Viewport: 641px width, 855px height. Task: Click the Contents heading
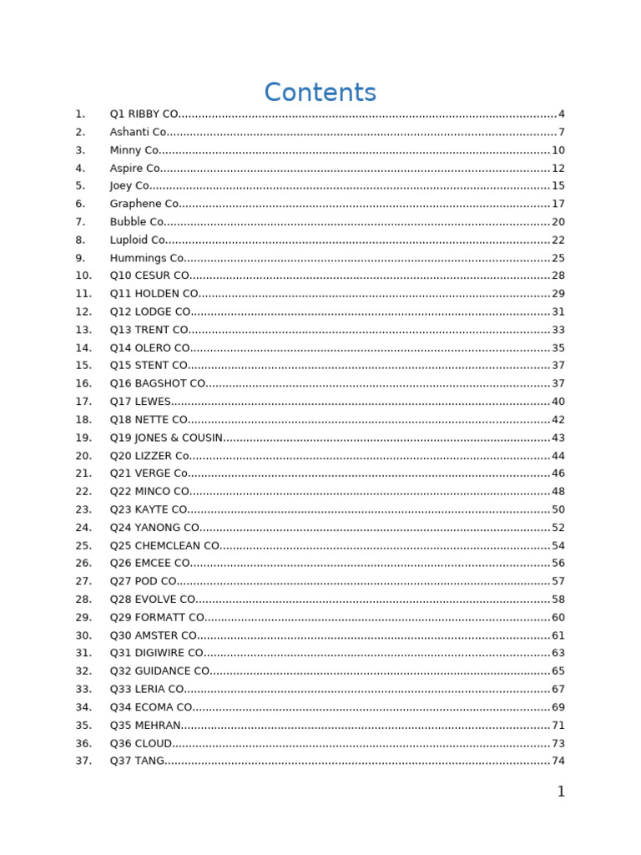[320, 93]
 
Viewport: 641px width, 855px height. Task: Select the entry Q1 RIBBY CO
[144, 114]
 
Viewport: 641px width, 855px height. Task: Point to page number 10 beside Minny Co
[558, 150]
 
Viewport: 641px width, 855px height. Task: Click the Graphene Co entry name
[144, 204]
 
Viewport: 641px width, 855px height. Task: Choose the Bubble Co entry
[137, 222]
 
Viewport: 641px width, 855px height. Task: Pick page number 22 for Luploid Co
[558, 240]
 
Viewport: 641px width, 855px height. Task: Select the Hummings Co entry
[147, 258]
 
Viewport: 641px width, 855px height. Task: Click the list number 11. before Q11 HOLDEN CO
[83, 294]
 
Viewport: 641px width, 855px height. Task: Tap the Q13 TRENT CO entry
[149, 330]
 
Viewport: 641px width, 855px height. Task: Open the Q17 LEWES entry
[140, 402]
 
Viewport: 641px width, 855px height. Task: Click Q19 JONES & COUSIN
[166, 438]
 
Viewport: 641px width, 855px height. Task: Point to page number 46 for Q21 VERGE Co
[558, 473]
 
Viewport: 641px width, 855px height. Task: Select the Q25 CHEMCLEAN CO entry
[164, 545]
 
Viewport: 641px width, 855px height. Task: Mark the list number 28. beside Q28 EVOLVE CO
[83, 600]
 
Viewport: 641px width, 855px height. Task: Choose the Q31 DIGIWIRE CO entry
[157, 653]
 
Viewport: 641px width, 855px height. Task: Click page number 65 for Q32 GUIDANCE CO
[558, 671]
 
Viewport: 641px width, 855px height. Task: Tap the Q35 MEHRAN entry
[145, 726]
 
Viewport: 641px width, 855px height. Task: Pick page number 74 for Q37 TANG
[558, 761]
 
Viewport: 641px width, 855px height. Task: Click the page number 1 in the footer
[561, 792]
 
